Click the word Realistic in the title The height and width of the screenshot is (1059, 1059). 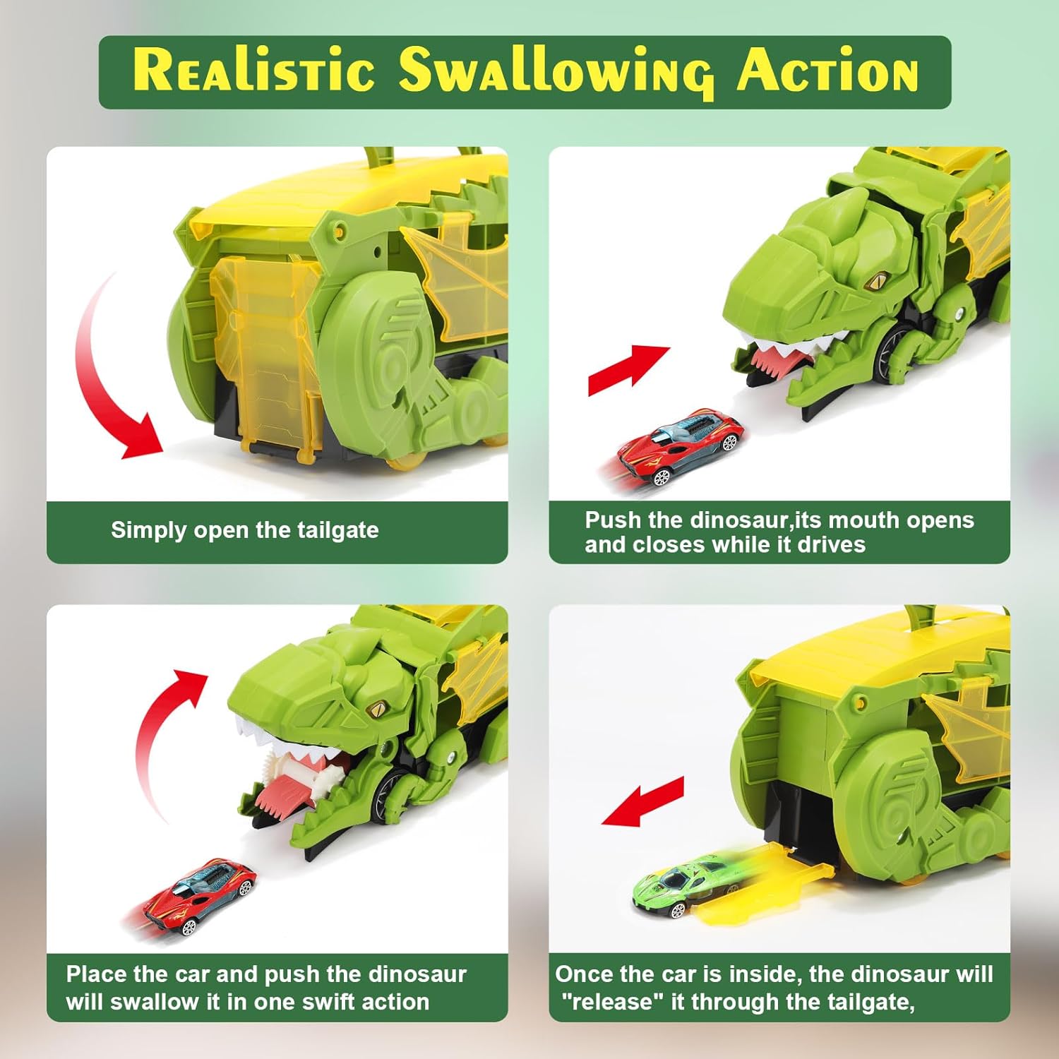tap(253, 70)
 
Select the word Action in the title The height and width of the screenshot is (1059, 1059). tap(827, 71)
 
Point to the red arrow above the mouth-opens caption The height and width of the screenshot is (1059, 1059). tap(628, 369)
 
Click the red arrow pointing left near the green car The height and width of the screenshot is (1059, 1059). tap(642, 801)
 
